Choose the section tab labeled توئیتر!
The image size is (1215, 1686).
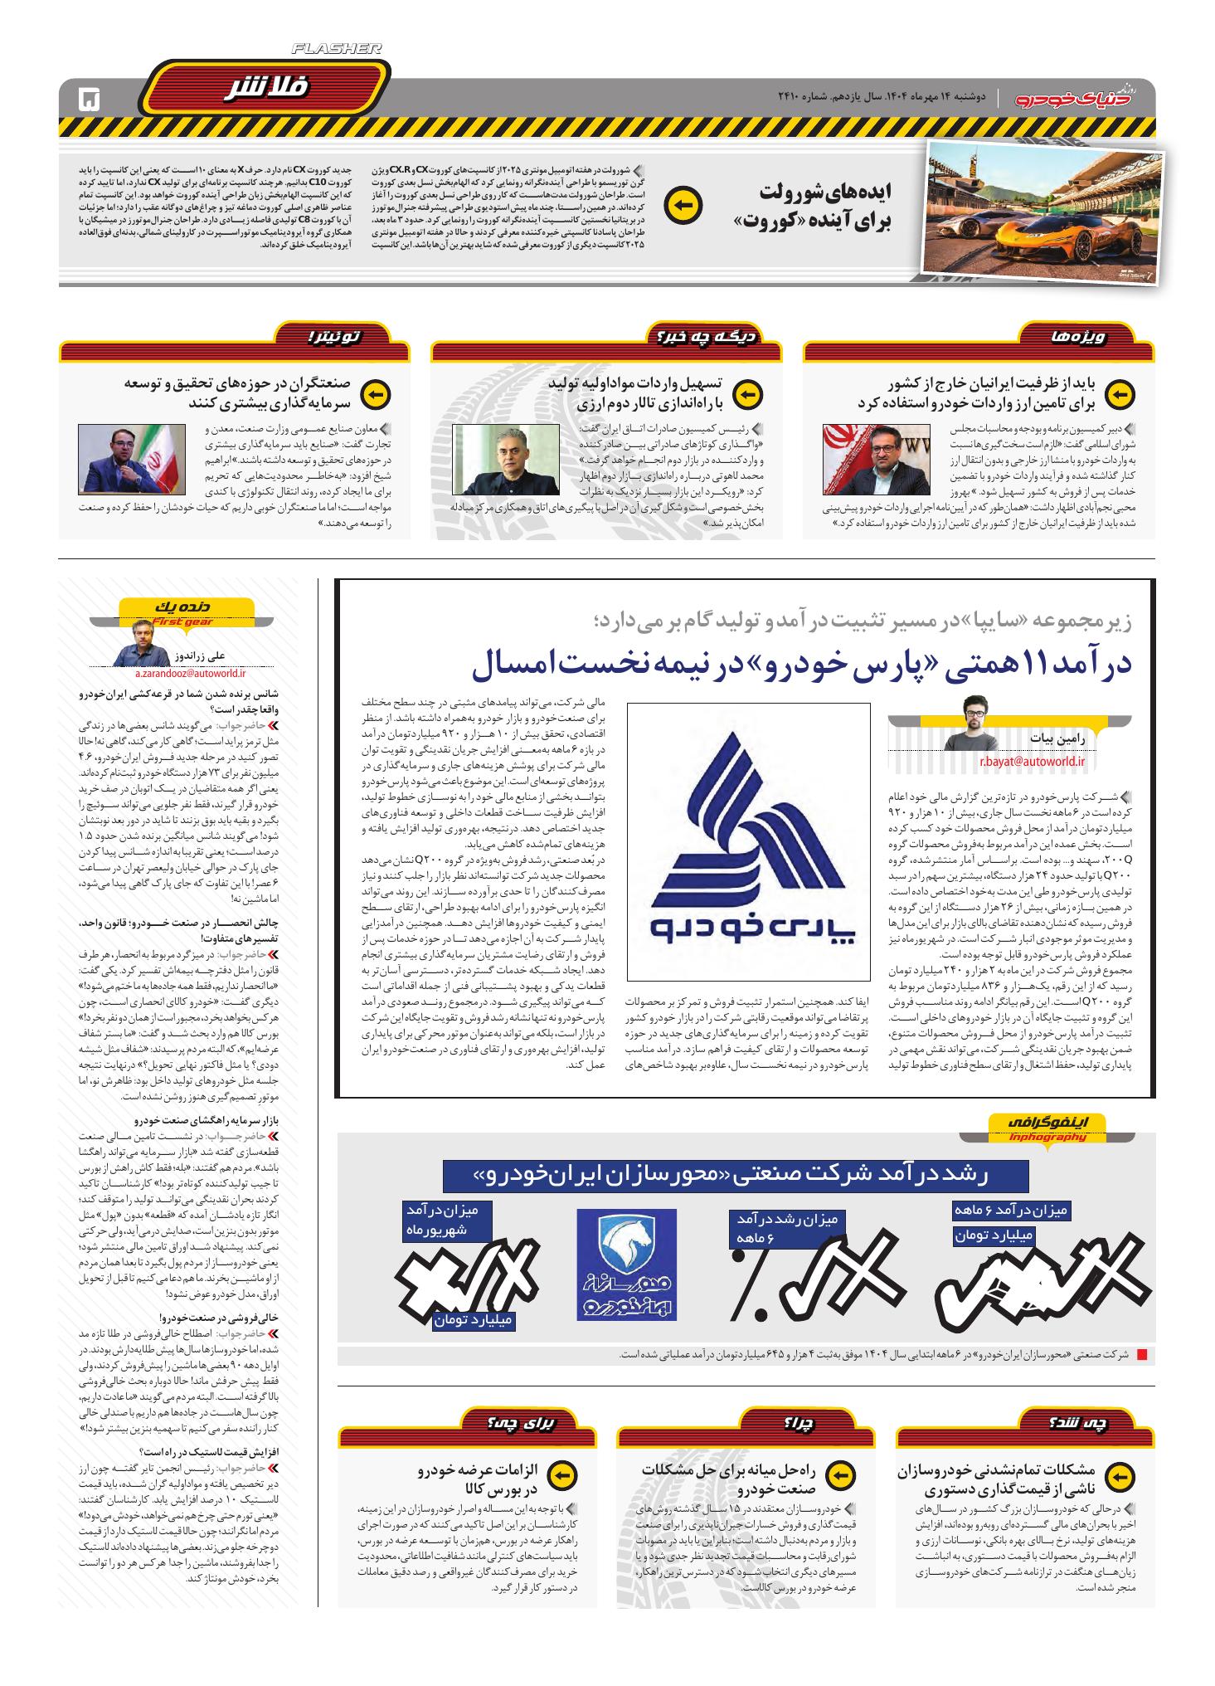coord(333,337)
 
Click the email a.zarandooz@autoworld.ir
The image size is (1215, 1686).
coord(182,661)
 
